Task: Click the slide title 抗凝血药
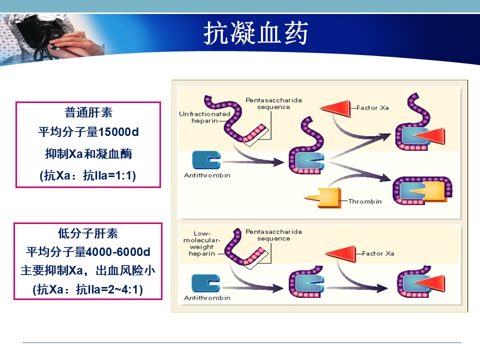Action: pos(255,33)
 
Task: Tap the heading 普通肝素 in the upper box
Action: pos(88,112)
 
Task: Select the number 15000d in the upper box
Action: pos(118,132)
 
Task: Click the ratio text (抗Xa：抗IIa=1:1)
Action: pos(88,175)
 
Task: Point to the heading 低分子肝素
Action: pos(88,233)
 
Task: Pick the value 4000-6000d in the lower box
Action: pos(118,252)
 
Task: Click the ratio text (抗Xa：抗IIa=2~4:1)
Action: pos(88,289)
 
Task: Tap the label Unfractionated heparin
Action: pos(204,117)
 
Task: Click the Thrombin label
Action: pos(365,201)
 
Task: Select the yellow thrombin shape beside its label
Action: pos(324,198)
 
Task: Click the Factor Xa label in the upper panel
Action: pos(372,108)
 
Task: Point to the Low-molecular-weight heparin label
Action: pos(201,243)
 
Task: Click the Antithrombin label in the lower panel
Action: pos(207,298)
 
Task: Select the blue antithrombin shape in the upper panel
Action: pos(206,160)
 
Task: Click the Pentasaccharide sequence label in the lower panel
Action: pos(273,235)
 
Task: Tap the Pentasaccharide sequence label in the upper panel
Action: pos(273,103)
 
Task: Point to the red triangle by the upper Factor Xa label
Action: pos(335,108)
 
